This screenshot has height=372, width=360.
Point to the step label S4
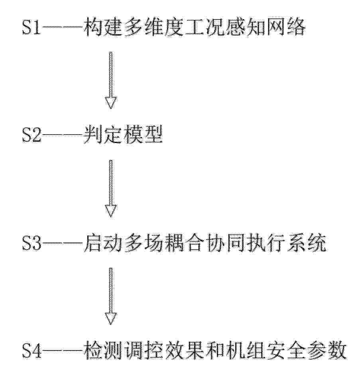[31, 350]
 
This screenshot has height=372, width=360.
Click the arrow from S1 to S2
[111, 80]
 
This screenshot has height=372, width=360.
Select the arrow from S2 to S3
[111, 188]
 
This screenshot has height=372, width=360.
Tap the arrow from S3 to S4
[111, 296]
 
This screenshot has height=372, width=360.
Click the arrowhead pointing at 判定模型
[111, 102]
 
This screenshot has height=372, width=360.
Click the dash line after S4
[62, 350]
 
